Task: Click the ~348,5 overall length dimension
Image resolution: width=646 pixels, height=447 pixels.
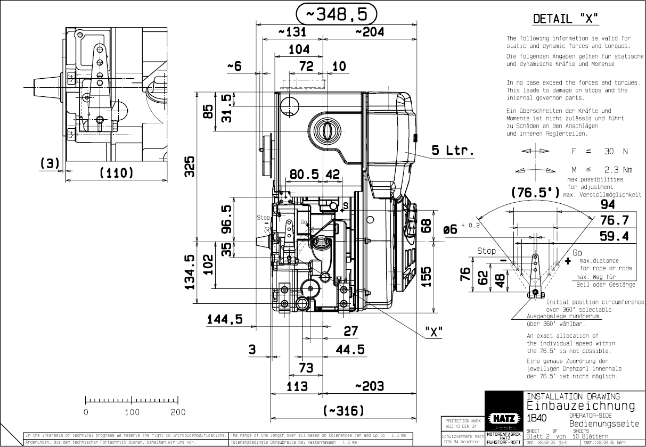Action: [336, 14]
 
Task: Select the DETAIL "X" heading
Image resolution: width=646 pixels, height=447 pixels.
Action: [566, 19]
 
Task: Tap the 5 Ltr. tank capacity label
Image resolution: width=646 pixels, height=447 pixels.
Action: [452, 151]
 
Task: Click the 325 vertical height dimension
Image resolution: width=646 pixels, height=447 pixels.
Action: [190, 167]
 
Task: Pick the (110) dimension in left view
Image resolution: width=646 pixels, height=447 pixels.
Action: [116, 173]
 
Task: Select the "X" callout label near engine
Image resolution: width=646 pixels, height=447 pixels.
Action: [434, 332]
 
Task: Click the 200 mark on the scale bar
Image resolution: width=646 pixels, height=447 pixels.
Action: [178, 412]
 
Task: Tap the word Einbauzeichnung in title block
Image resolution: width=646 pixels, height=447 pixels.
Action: [580, 406]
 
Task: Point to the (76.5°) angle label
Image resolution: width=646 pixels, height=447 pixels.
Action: [534, 192]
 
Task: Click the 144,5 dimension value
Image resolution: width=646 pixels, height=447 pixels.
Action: [225, 319]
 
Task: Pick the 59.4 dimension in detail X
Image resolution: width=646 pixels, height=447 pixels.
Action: [615, 236]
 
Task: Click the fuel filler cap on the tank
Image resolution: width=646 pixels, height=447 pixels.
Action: [325, 129]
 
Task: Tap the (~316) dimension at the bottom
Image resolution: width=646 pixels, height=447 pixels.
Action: [344, 411]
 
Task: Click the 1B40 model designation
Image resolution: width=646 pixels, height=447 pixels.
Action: [536, 418]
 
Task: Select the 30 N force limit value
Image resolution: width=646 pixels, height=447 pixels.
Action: [616, 151]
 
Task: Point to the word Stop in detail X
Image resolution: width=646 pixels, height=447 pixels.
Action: [486, 251]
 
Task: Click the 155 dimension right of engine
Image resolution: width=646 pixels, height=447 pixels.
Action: [426, 276]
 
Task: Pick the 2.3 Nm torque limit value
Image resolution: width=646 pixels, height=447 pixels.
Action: [614, 170]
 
